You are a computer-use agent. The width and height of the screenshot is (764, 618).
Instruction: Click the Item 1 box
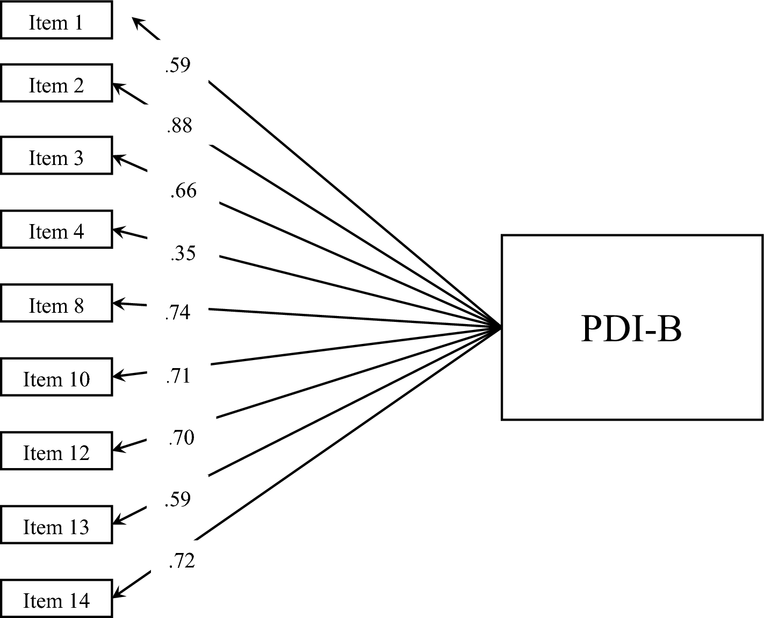point(56,20)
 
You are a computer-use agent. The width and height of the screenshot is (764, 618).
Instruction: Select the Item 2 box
point(56,83)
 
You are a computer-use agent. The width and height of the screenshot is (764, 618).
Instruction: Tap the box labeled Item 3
point(56,156)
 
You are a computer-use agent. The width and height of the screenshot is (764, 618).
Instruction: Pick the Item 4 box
point(56,229)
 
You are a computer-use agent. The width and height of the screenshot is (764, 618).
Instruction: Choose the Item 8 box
point(56,304)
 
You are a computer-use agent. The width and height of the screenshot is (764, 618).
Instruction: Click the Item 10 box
point(56,377)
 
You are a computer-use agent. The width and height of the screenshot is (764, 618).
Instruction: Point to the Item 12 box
point(56,451)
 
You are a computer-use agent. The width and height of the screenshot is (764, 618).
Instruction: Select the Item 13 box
point(56,525)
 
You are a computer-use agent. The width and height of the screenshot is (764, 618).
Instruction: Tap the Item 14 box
point(56,599)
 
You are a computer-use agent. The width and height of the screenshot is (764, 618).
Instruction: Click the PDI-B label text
point(631,328)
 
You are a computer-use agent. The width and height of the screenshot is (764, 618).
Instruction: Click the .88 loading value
point(179,126)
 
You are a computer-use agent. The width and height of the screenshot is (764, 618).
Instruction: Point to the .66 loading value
point(183,190)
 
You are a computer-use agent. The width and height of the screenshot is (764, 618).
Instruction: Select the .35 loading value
point(183,253)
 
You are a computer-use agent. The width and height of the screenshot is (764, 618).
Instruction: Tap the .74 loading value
point(178,312)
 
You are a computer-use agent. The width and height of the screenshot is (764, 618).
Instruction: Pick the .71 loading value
point(178,376)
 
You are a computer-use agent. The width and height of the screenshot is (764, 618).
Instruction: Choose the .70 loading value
point(181,437)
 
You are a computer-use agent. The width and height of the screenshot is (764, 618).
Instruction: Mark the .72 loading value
point(181,560)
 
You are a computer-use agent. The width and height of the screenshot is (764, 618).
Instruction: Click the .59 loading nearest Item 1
point(178,65)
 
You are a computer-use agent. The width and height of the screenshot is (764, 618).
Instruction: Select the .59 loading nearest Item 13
point(178,499)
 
